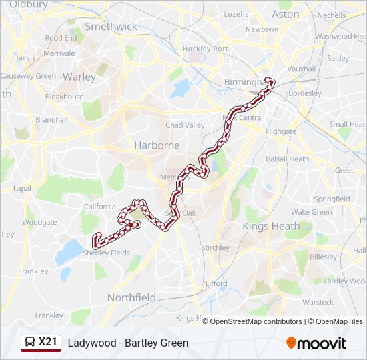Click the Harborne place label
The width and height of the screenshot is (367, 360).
pos(157,145)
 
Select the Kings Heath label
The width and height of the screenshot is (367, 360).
pos(272,227)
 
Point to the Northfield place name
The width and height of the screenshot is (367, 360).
pos(131,298)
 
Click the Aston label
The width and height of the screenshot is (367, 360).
pos(286,14)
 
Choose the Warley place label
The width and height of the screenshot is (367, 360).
pos(79,77)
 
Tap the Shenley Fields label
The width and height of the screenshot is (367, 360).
pos(106,253)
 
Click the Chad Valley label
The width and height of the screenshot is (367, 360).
pos(185,125)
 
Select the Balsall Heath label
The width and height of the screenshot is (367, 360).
pos(287,159)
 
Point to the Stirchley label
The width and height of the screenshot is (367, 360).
pos(215,248)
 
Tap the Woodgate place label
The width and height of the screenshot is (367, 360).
pos(39,223)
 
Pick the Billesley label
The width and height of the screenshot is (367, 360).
pos(324,257)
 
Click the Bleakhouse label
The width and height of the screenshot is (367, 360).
pos(65,97)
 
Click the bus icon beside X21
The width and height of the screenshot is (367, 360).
pos(30,343)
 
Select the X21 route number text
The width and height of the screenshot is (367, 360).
pos(48,342)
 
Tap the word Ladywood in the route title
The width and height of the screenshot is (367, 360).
pos(89,343)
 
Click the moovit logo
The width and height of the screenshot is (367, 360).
pos(316,343)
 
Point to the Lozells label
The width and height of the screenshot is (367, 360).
pos(236,14)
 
